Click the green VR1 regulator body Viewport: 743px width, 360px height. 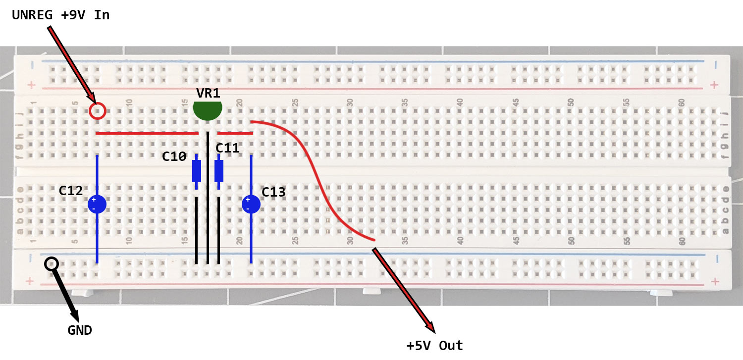click(x=208, y=110)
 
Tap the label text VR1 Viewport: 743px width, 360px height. click(x=208, y=94)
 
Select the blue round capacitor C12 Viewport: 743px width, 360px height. click(x=97, y=204)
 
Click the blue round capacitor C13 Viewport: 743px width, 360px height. click(x=251, y=204)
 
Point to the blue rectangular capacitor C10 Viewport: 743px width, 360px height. click(x=197, y=171)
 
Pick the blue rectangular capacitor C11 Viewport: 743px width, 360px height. click(x=219, y=171)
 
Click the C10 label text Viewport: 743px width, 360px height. click(x=174, y=157)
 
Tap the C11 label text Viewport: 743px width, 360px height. click(x=227, y=148)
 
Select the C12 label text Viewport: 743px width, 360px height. click(x=70, y=191)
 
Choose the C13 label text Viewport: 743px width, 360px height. click(x=274, y=192)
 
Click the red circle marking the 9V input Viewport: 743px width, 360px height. click(x=98, y=110)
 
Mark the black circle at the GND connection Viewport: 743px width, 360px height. click(x=51, y=263)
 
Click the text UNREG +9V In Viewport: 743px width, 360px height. click(x=60, y=15)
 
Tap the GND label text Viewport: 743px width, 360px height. click(x=80, y=330)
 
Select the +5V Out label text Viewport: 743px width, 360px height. click(x=434, y=346)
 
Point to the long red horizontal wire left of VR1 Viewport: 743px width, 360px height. click(x=147, y=133)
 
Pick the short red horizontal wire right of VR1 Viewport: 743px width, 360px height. click(x=235, y=133)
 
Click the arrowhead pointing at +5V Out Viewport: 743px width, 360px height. click(x=430, y=326)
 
